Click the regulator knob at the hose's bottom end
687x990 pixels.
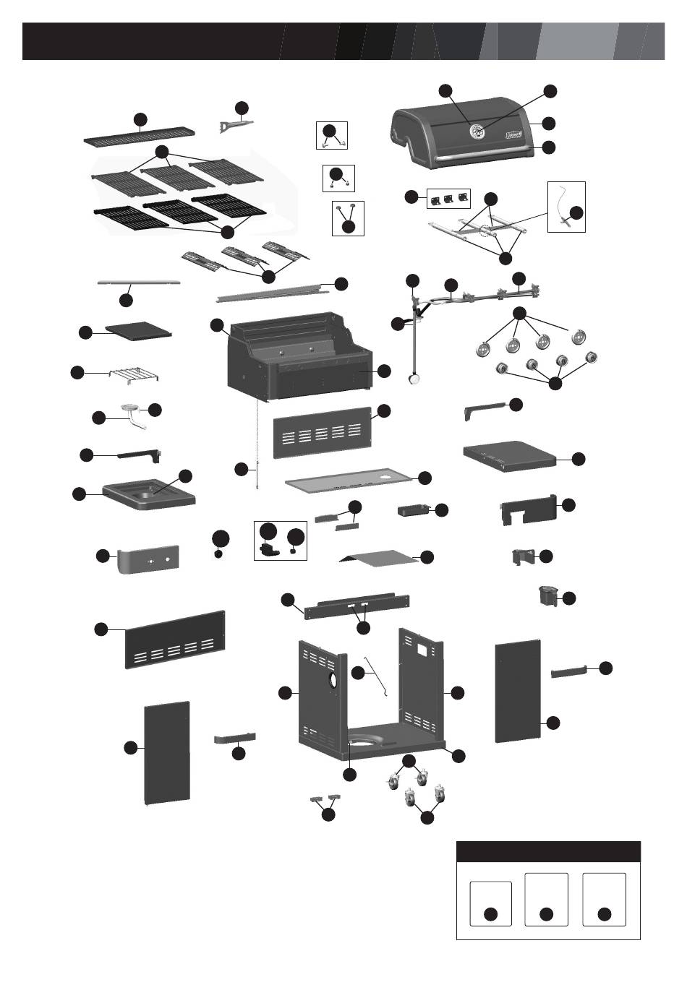(414, 378)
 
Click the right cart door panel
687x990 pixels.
(518, 690)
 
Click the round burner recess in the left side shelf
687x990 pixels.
(153, 495)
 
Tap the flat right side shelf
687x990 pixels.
(508, 452)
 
